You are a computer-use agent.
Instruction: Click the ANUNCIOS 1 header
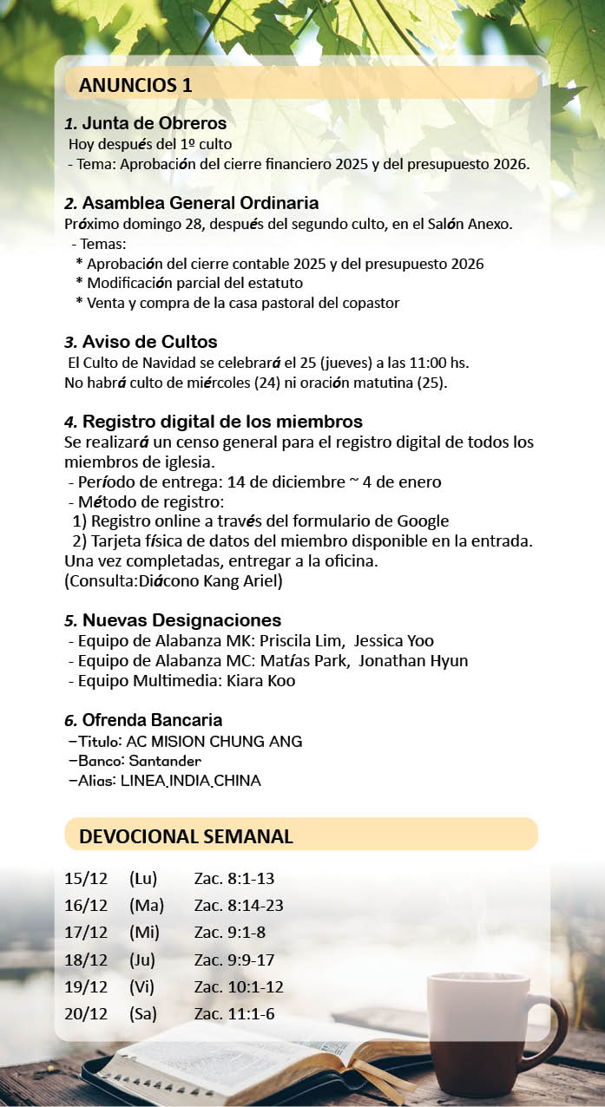pyautogui.click(x=135, y=85)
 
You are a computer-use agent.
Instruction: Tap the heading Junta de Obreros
pyautogui.click(x=154, y=123)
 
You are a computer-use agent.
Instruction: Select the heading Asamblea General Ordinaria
pyautogui.click(x=200, y=203)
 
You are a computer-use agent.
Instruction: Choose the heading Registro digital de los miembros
pyautogui.click(x=222, y=422)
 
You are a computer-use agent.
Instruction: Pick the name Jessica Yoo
pyautogui.click(x=396, y=641)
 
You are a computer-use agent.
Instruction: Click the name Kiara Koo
pyautogui.click(x=261, y=680)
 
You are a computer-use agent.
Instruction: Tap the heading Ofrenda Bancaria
pyautogui.click(x=152, y=720)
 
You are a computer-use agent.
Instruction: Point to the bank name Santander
pyautogui.click(x=171, y=761)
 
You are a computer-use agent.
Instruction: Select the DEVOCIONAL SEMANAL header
pyautogui.click(x=186, y=836)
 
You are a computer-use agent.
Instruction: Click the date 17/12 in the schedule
pyautogui.click(x=86, y=933)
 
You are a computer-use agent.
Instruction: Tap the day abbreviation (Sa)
pyautogui.click(x=143, y=1012)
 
